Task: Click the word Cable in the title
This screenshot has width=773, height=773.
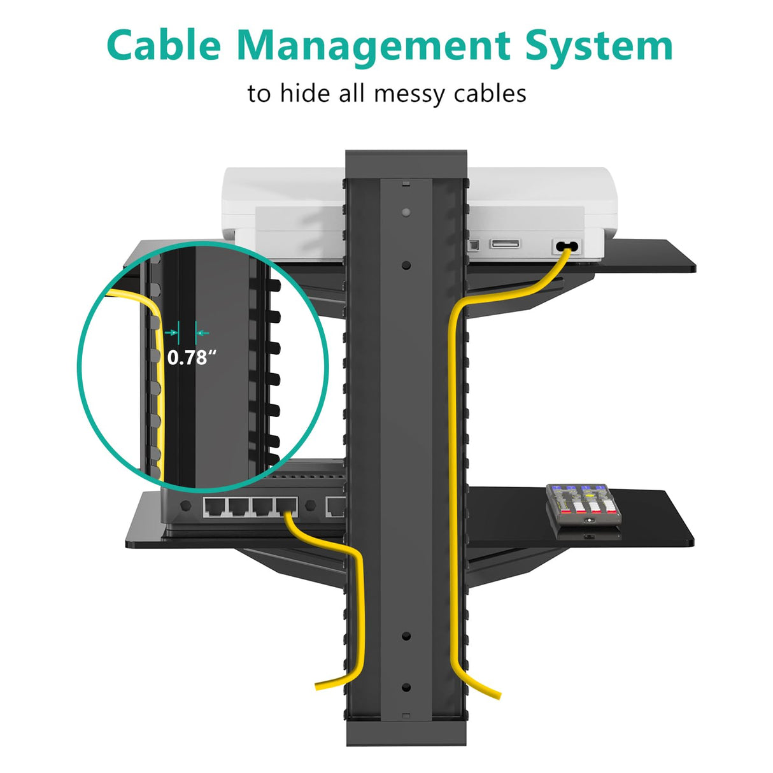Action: pos(164,45)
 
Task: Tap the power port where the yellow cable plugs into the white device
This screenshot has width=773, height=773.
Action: pos(567,246)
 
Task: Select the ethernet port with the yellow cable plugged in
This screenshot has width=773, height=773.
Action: pos(287,506)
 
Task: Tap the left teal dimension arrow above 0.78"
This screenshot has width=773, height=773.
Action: pos(171,332)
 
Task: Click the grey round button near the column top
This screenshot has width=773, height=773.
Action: pos(406,212)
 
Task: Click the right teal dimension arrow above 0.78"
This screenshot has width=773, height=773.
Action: pos(203,332)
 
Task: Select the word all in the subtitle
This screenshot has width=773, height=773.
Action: pos(352,93)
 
